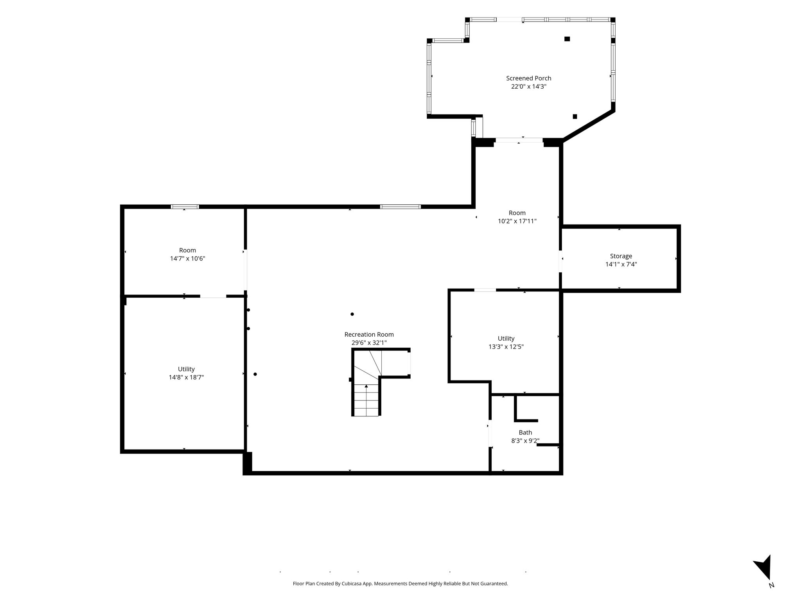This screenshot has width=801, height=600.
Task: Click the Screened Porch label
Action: (528, 78)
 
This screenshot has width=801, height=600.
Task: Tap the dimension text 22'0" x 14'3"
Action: (528, 87)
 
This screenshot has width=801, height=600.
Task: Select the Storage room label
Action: (621, 256)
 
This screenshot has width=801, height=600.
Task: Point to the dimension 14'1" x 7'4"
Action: (621, 264)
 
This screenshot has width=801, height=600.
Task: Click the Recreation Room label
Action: (369, 334)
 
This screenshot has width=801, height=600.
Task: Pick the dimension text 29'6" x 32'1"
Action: (369, 343)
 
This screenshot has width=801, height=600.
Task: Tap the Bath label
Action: (525, 432)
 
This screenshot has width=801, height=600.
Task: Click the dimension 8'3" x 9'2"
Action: (525, 441)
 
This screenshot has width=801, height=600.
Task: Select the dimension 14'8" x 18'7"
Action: (186, 377)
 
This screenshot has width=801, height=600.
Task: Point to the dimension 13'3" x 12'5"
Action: (506, 347)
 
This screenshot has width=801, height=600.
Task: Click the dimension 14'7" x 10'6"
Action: (187, 259)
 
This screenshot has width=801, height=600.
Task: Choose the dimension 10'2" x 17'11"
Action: (517, 221)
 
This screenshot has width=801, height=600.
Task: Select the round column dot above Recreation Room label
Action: (352, 314)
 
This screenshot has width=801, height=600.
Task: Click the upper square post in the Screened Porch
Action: (567, 39)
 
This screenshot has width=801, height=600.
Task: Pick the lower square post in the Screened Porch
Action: (575, 116)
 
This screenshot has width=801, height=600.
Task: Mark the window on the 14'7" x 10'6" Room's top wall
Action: (185, 207)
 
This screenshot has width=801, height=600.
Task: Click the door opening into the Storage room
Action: (560, 261)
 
